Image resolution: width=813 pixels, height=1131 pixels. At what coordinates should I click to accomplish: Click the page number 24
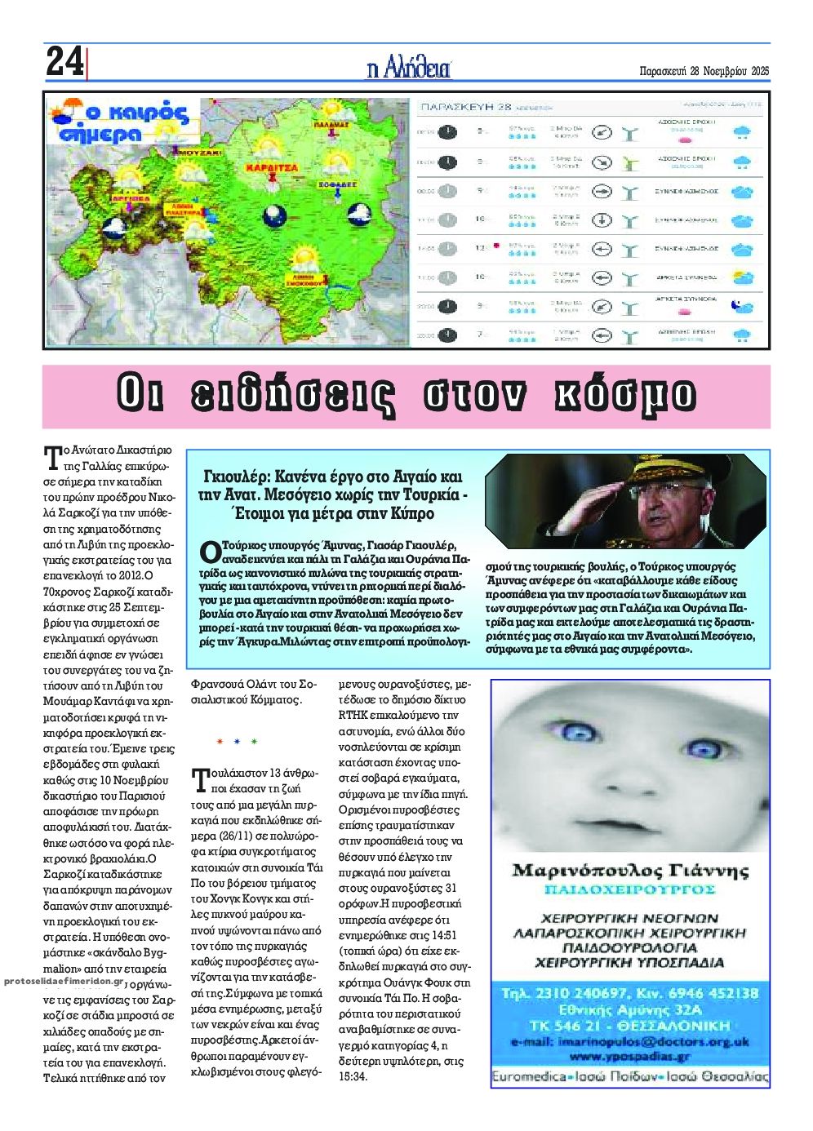coord(64,63)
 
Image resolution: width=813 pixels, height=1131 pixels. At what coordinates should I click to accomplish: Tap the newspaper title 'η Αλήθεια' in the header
coord(409,69)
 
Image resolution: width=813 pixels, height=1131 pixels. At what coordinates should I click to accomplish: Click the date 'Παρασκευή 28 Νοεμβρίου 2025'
coord(704,70)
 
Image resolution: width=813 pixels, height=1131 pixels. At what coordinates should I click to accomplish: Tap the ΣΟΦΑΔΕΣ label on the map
coord(336,184)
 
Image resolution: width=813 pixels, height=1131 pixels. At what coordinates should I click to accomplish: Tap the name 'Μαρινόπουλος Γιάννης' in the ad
coord(630,871)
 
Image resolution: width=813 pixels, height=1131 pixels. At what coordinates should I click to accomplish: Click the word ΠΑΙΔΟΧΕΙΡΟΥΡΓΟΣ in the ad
coord(630,889)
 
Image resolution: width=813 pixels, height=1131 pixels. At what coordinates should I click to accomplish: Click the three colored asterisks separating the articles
coord(237,742)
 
